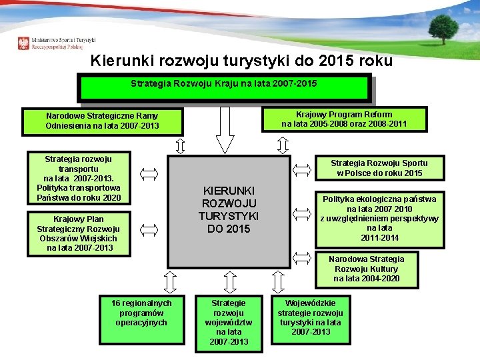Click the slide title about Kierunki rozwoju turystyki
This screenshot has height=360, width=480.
tap(241, 61)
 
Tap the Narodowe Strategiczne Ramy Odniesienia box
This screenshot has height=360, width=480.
tap(102, 121)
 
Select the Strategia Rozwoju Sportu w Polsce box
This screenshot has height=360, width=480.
tap(379, 168)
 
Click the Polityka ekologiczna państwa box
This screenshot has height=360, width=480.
tap(379, 219)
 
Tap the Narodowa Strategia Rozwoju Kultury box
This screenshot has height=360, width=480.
tap(366, 269)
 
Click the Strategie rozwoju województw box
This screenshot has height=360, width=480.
tap(228, 323)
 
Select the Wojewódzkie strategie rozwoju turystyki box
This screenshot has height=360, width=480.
tap(310, 317)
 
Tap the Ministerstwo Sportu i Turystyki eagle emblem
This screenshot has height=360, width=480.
tap(24, 44)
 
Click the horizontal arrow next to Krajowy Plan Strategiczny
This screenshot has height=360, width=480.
tap(150, 230)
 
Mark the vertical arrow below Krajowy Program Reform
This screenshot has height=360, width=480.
tap(283, 145)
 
